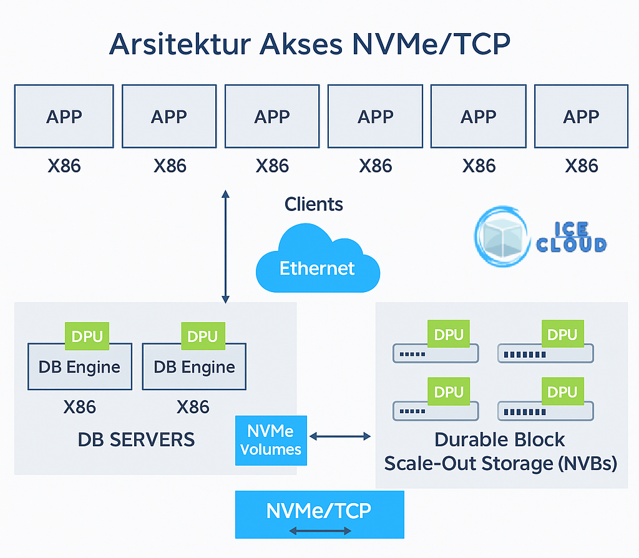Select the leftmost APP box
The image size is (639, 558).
pos(64,117)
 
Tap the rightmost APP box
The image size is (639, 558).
pos(580,117)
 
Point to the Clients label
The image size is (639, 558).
pos(314,204)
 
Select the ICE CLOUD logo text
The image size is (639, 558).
pos(571,237)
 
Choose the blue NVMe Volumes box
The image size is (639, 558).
pos(271,440)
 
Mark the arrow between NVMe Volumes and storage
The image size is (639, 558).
pos(340,436)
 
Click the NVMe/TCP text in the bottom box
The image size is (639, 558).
pos(319,511)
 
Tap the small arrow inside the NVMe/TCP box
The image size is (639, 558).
pos(319,531)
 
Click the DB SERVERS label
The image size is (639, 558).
pos(136,439)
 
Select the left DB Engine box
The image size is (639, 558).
pos(79,367)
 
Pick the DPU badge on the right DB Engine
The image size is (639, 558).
pos(202,336)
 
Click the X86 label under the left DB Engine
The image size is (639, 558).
pos(79,407)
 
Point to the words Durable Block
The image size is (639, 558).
pos(499,439)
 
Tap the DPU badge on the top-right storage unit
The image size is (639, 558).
pos(562,335)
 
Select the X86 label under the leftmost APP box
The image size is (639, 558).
pos(64,165)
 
